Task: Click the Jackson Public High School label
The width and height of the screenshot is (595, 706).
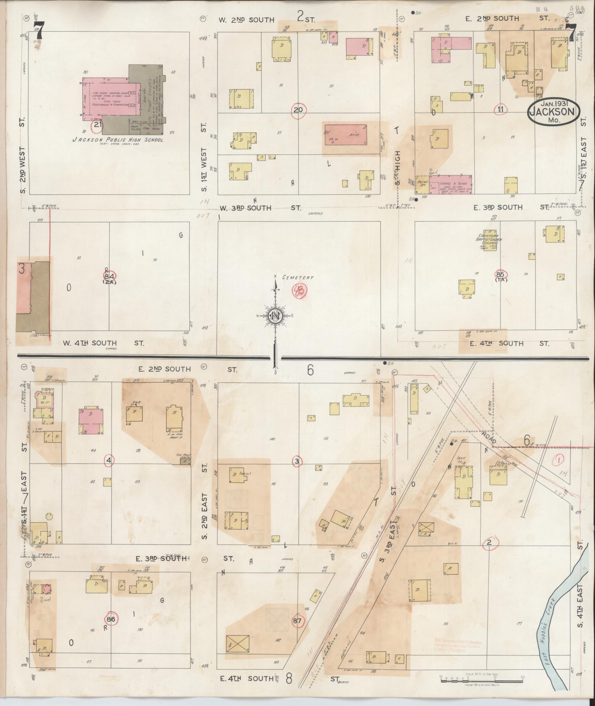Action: pyautogui.click(x=118, y=140)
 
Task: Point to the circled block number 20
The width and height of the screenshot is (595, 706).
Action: pyautogui.click(x=298, y=110)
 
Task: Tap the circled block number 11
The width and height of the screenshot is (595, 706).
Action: pyautogui.click(x=501, y=109)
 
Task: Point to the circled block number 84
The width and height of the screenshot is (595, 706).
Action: pyautogui.click(x=109, y=276)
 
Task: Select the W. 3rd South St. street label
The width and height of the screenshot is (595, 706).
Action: pyautogui.click(x=255, y=208)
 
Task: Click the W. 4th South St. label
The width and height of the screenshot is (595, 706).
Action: pyautogui.click(x=103, y=343)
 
